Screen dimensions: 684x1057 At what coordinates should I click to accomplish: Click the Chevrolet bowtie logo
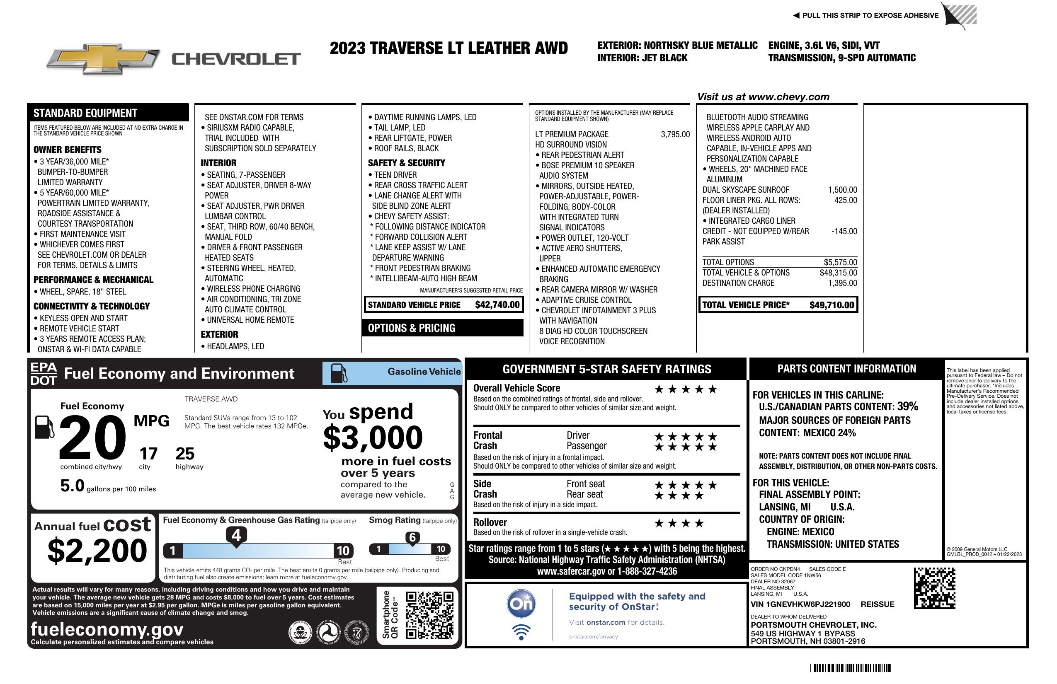(x=103, y=58)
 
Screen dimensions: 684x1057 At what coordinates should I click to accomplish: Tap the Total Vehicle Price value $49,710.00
(x=832, y=305)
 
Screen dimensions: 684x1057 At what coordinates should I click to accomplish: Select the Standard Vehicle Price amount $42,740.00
(x=497, y=305)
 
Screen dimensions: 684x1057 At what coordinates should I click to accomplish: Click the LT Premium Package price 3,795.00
(x=675, y=134)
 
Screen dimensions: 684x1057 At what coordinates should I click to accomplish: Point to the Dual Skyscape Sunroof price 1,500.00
(x=842, y=189)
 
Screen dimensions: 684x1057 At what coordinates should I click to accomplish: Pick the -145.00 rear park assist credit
(x=844, y=231)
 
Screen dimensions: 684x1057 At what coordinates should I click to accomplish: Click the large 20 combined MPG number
(x=92, y=437)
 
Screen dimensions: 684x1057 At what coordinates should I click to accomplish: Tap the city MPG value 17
(x=148, y=454)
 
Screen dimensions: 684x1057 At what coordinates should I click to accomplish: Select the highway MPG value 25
(x=185, y=454)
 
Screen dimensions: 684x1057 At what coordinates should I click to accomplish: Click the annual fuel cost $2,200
(x=97, y=551)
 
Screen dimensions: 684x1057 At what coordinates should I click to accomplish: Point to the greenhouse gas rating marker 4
(x=236, y=535)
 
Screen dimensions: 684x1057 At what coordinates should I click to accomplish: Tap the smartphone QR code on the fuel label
(x=429, y=615)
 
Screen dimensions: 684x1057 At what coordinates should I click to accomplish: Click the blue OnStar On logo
(x=521, y=604)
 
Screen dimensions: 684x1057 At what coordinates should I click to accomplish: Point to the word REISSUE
(x=877, y=604)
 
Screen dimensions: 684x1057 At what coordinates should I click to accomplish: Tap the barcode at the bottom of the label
(x=850, y=668)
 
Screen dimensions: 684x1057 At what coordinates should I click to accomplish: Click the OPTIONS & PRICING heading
(x=411, y=328)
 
